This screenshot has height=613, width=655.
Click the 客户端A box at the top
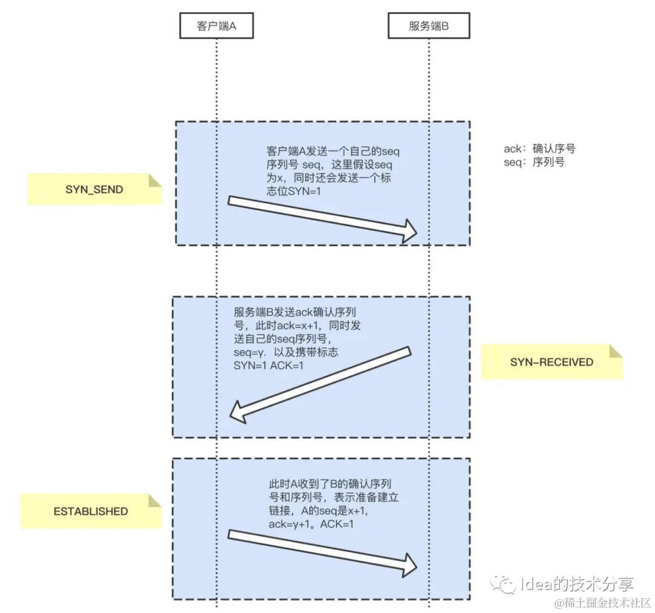click(216, 27)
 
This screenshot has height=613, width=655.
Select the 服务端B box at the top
click(429, 27)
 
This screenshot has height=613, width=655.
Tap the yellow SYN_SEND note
click(94, 189)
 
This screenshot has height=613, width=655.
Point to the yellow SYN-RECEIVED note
click(551, 362)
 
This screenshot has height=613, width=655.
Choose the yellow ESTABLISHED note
click(90, 511)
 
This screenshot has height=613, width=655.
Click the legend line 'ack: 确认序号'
click(543, 149)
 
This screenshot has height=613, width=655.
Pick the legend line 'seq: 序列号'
click(534, 162)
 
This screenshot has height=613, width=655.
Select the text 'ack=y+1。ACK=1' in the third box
click(311, 523)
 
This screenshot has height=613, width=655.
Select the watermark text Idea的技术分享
click(576, 585)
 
